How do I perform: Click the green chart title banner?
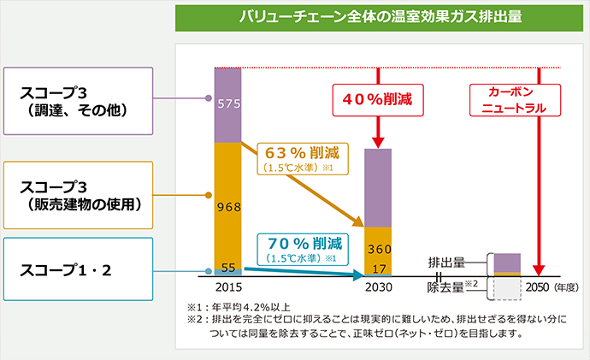[381, 16]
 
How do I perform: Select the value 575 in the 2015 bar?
[227, 104]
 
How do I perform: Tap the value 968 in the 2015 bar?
[227, 205]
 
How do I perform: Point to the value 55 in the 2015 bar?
[227, 267]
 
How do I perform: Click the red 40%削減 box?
[377, 99]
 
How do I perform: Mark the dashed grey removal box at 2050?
[507, 289]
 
